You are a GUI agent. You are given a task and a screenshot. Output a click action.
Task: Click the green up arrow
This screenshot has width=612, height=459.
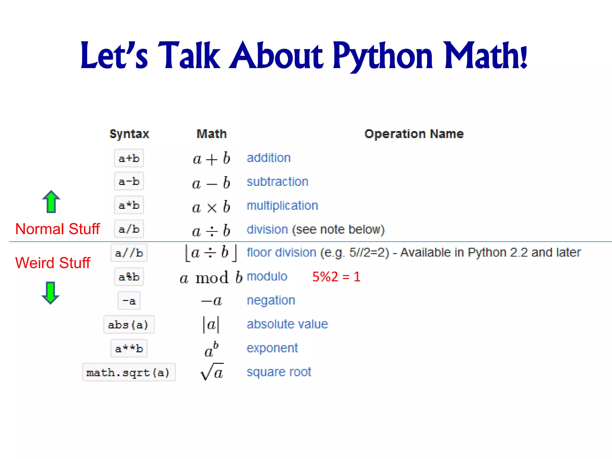coord(51,202)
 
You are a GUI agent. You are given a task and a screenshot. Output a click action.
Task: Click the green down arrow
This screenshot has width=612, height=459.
coord(51,293)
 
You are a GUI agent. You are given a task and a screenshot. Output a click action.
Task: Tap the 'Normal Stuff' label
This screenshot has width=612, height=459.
coord(57,229)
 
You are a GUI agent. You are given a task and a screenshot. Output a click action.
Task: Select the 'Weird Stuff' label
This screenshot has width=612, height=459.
coord(53,263)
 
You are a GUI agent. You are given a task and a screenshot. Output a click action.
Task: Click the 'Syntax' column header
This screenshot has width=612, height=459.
coord(129,134)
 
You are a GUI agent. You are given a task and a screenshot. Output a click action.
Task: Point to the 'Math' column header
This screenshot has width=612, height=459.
coord(212,134)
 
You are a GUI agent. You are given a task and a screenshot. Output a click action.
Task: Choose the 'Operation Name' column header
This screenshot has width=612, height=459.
coord(414,134)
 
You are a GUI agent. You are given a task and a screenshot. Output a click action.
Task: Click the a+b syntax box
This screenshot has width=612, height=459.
coord(129,158)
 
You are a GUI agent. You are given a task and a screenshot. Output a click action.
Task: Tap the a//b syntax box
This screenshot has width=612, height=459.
coord(129,253)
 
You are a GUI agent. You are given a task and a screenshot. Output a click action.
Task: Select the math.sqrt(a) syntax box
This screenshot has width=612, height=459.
coord(129,372)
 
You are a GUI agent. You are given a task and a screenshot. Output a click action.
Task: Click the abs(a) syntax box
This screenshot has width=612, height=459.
coord(129,325)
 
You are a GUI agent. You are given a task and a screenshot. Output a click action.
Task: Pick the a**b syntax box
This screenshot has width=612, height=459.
coord(129,348)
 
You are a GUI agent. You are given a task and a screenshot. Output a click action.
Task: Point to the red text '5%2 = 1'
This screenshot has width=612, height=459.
coord(336,277)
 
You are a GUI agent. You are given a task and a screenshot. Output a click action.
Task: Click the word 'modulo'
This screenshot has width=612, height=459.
coord(267,276)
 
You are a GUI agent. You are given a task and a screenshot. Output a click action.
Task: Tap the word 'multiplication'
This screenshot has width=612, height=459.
coord(282,206)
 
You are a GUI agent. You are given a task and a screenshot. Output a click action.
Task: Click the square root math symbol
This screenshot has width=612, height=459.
coord(212,372)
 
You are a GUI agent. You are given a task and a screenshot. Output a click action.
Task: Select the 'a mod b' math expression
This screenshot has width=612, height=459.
coord(211,277)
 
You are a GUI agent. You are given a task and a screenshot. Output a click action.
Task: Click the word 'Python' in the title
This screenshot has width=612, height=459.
coord(382,56)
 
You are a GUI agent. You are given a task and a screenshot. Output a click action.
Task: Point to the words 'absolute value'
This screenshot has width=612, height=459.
coord(287,324)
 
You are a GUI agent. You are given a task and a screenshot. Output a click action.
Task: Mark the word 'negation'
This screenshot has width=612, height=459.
coord(271,300)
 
